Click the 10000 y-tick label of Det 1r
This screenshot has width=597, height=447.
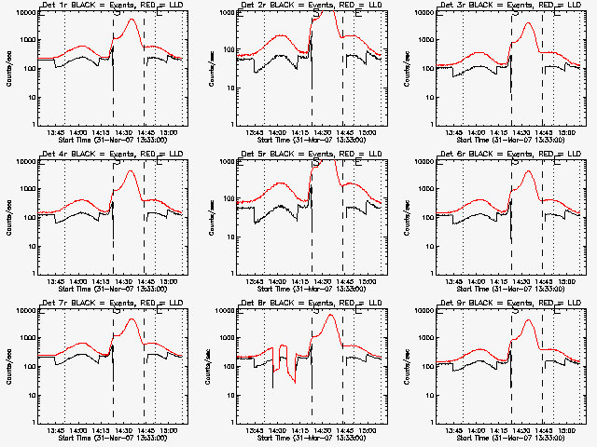[x=24, y=13]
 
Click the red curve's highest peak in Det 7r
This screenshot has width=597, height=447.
[x=131, y=319]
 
